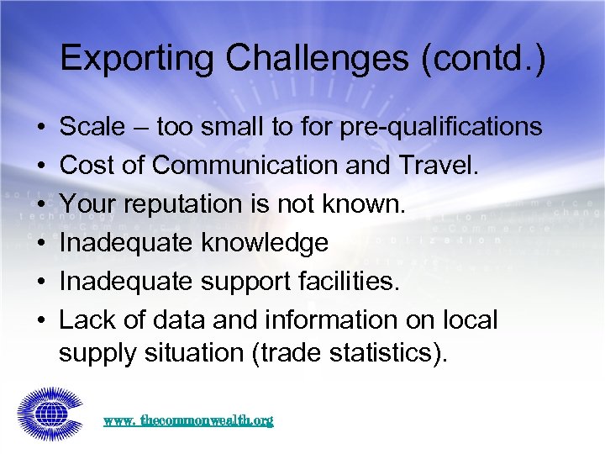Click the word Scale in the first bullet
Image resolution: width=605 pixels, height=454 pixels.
[x=90, y=127]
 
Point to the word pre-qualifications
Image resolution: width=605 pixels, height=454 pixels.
[x=444, y=127]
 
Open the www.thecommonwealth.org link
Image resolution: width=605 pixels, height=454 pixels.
[x=188, y=420]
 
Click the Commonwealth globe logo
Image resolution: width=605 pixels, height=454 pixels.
[x=48, y=413]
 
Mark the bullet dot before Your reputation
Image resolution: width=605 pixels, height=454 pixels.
[x=40, y=205]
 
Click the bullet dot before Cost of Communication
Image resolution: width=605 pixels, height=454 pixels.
[x=40, y=166]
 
